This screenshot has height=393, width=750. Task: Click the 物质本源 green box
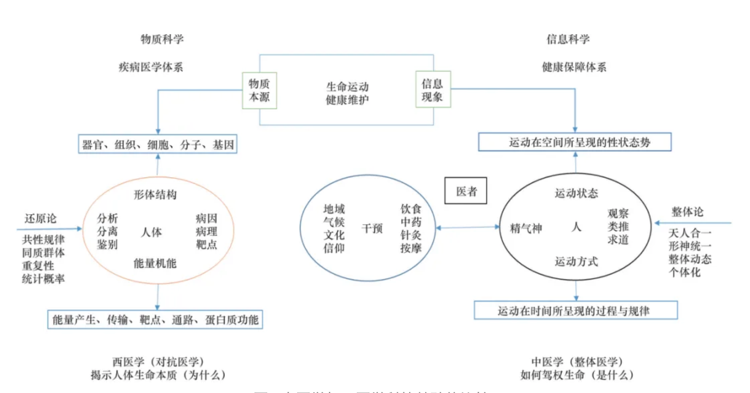point(259,90)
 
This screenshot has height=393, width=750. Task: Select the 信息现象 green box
point(433,90)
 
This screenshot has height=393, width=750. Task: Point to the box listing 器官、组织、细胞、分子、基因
point(158,145)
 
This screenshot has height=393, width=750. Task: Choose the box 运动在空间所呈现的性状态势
point(575,143)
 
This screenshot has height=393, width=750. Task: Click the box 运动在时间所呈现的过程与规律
point(576,310)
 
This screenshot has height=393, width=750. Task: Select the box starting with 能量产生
point(155,320)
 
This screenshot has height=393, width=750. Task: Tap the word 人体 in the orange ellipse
point(151,232)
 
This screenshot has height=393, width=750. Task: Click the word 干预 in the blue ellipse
point(372,229)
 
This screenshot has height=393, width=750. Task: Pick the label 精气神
point(526,228)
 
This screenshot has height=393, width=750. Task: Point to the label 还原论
point(41,218)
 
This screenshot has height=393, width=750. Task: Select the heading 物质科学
point(162,40)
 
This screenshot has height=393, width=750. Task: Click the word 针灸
point(411,235)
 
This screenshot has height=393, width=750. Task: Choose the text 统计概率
point(44,278)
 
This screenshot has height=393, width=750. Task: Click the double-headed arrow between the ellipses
point(467,228)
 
